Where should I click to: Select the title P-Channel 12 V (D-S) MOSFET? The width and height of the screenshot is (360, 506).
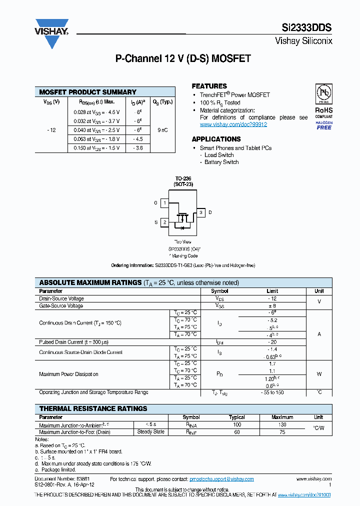point(183,59)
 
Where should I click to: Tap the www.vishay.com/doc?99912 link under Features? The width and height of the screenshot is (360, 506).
point(233,124)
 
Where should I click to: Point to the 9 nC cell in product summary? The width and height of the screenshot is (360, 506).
point(162,130)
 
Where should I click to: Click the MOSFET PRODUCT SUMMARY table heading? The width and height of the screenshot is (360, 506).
point(87,92)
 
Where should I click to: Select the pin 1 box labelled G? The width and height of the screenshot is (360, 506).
point(164,203)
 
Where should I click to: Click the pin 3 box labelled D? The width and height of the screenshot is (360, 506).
point(200,212)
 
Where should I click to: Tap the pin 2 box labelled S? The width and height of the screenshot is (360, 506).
point(164,222)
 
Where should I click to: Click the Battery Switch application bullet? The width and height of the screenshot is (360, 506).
point(221,162)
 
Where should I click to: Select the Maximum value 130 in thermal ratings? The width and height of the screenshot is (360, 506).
point(282,425)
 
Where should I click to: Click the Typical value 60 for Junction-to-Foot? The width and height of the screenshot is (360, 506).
point(236,431)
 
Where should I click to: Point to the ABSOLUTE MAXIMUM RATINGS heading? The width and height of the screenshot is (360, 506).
point(90,282)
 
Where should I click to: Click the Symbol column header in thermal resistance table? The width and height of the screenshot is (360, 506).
point(191,417)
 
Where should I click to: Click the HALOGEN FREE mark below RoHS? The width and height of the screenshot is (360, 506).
point(323,125)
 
